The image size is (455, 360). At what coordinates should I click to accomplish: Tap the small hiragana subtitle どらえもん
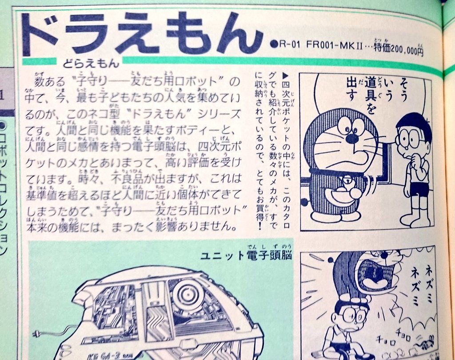click(x=89, y=64)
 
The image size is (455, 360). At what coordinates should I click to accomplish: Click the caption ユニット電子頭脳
click(x=245, y=256)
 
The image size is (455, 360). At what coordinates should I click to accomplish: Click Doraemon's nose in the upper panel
click(x=352, y=139)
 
